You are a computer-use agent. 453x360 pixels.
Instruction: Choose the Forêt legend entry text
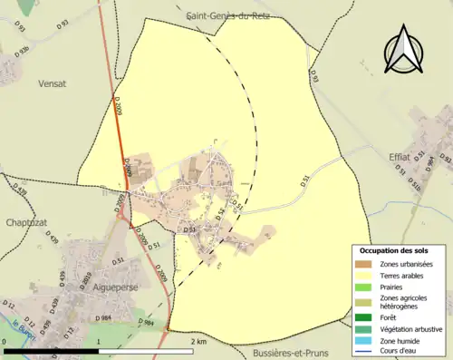tap(391, 316)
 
